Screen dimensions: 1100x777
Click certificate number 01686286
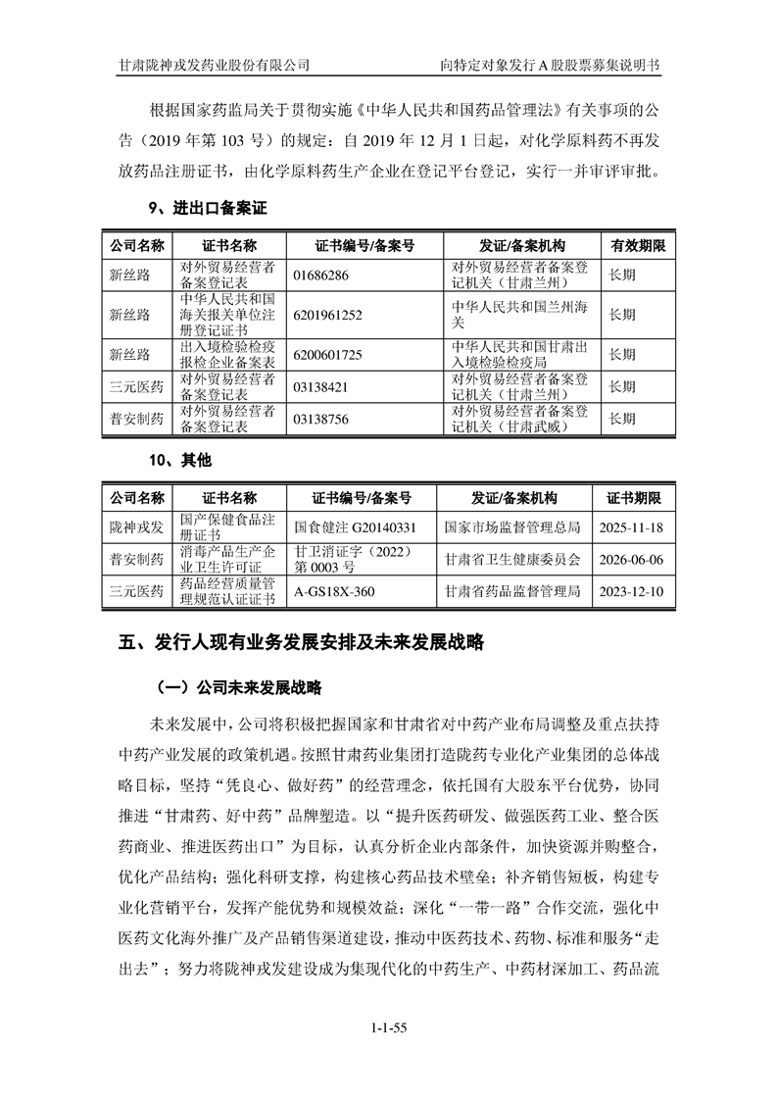[321, 275]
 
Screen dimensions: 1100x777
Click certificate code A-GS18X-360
[334, 592]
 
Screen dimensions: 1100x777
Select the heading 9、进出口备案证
[207, 208]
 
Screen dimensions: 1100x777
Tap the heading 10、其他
[179, 460]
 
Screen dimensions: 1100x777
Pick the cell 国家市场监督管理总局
[512, 527]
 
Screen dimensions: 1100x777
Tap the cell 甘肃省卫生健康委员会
[512, 560]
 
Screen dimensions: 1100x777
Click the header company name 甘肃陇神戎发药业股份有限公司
[214, 65]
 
